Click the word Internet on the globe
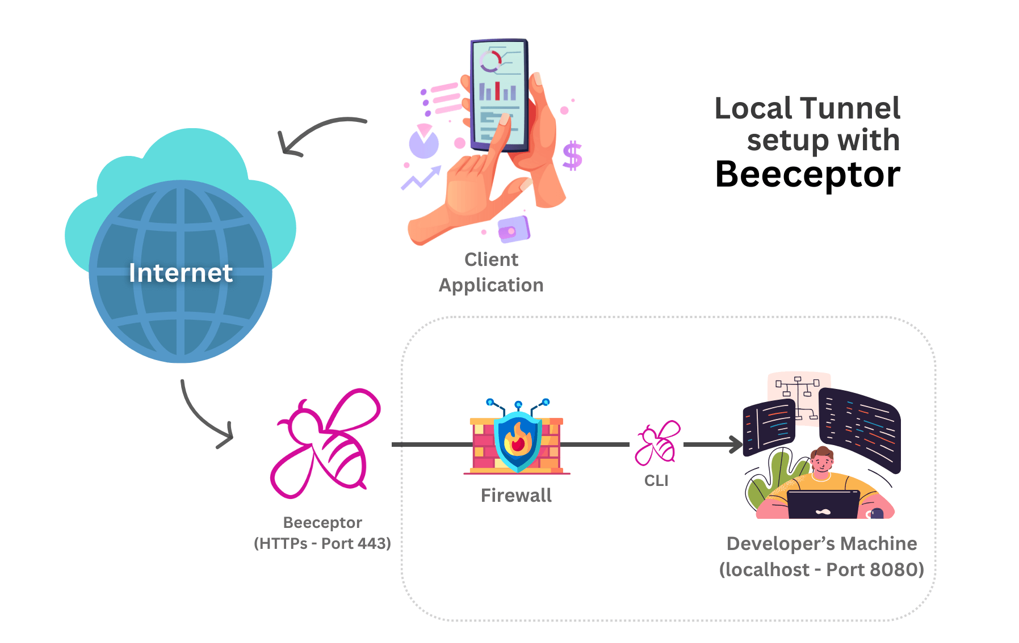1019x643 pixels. [181, 273]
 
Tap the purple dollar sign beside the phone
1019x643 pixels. [572, 156]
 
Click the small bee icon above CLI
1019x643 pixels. [657, 443]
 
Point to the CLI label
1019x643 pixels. [656, 481]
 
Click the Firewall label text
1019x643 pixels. [516, 496]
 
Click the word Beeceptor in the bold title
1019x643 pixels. [807, 175]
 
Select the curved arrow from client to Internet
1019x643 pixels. [318, 131]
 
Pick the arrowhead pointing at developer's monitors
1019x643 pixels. [736, 445]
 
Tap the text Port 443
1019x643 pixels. [355, 544]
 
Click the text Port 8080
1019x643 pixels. [875, 569]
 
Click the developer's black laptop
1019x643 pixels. [823, 505]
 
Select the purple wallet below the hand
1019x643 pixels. [513, 229]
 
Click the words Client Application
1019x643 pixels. [491, 272]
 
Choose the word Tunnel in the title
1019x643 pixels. [851, 108]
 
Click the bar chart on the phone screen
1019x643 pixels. [497, 91]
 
